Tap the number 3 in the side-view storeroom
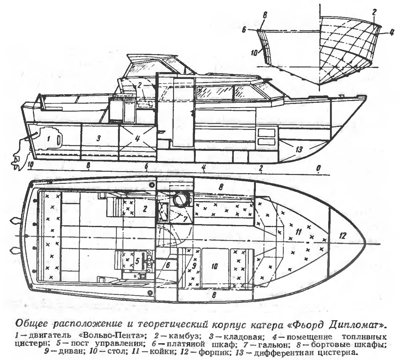[100, 138]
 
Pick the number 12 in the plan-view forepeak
[342, 236]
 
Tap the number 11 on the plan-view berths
[298, 231]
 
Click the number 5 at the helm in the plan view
[137, 260]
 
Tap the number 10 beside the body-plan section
[254, 52]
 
